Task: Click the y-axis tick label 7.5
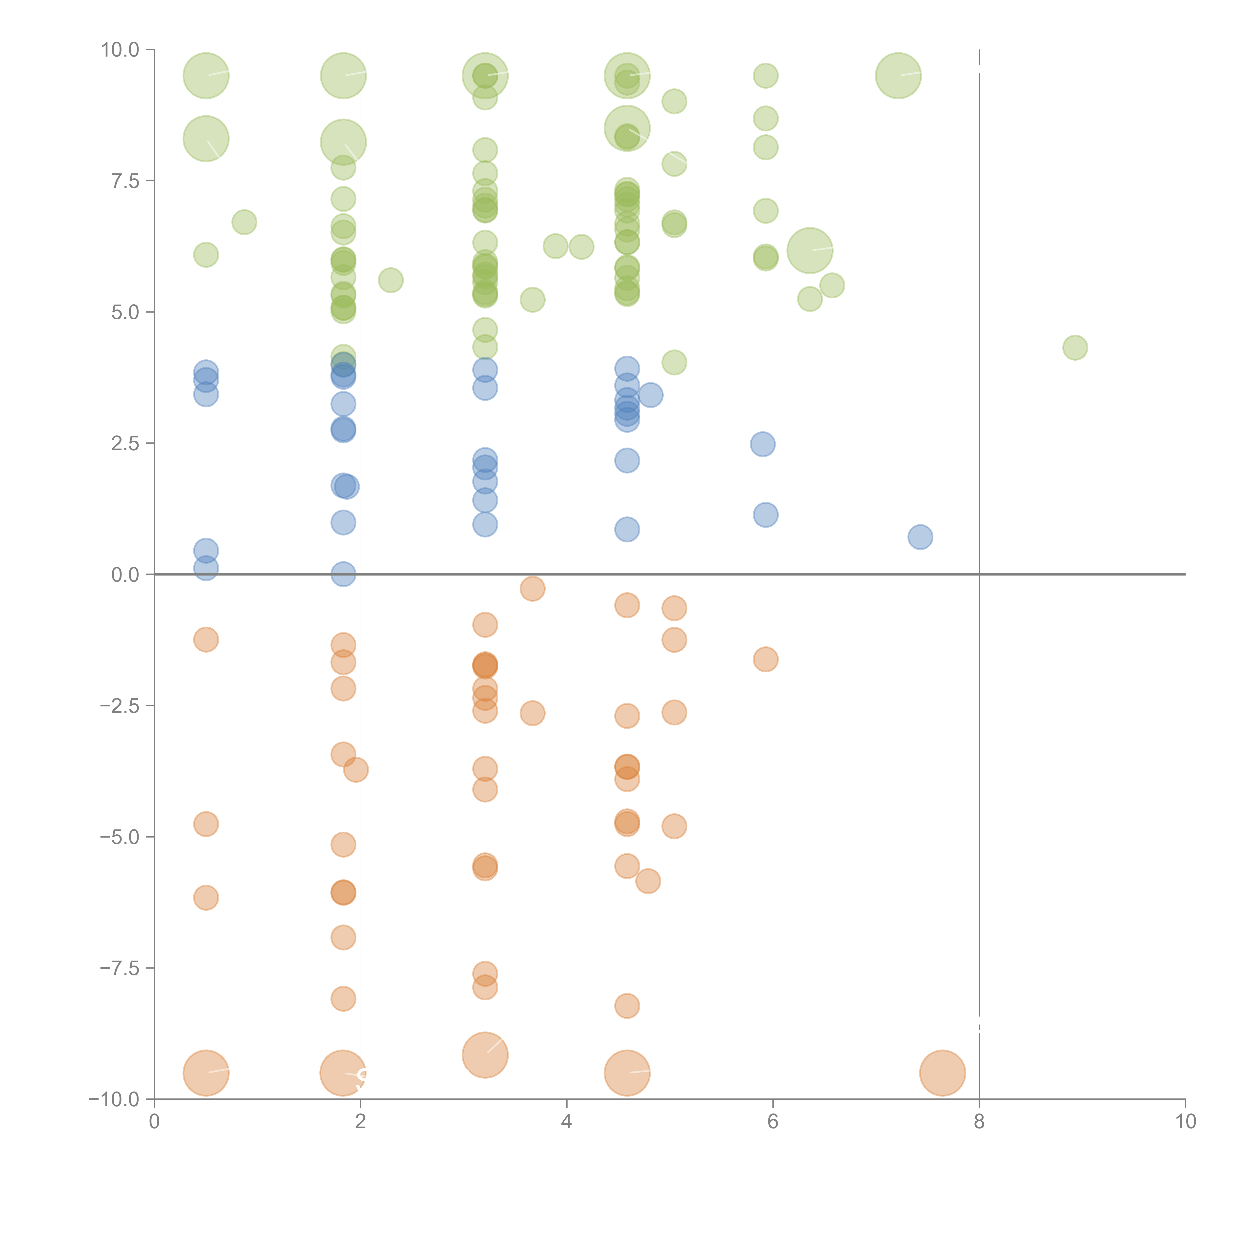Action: pyautogui.click(x=125, y=181)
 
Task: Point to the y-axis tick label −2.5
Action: pyautogui.click(x=120, y=706)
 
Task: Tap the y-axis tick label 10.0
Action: pyautogui.click(x=120, y=50)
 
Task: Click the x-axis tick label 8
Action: pyautogui.click(x=979, y=1122)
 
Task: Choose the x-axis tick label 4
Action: pyautogui.click(x=566, y=1122)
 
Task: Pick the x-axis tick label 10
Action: pyautogui.click(x=1185, y=1122)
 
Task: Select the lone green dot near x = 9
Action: pyautogui.click(x=1075, y=348)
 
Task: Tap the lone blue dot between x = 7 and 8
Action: pyautogui.click(x=920, y=537)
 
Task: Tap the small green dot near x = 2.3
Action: pyautogui.click(x=391, y=280)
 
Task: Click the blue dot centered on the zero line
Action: pyautogui.click(x=343, y=574)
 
